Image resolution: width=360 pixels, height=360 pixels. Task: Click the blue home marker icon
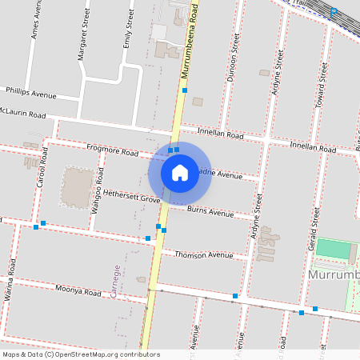click(x=180, y=172)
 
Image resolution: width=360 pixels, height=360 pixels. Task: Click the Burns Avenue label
click(x=210, y=212)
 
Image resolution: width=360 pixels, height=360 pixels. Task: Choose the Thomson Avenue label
click(x=200, y=254)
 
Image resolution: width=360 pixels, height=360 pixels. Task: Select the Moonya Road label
click(x=78, y=290)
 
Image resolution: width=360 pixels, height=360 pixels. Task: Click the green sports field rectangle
click(x=334, y=249)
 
